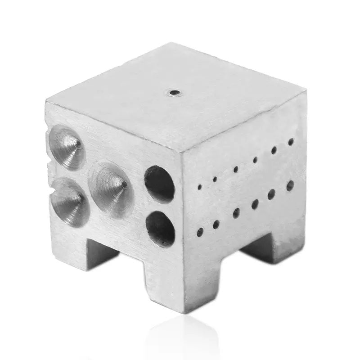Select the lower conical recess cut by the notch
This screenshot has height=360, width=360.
tap(70, 201)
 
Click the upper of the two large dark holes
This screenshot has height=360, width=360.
tap(160, 183)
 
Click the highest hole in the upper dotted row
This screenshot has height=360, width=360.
tap(291, 142)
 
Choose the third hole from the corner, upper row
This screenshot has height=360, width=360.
tap(236, 169)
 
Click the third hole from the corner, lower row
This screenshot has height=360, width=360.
tap(236, 213)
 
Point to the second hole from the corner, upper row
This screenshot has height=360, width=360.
tap(215, 179)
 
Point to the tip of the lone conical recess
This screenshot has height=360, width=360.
tap(124, 184)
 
